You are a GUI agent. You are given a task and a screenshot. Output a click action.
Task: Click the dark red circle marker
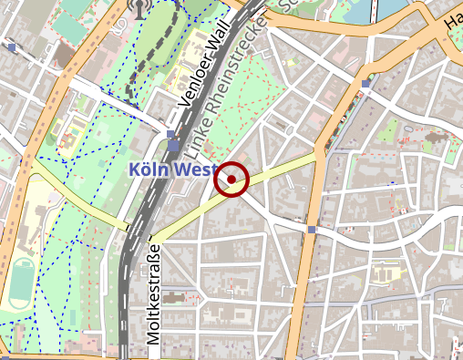click(231, 180)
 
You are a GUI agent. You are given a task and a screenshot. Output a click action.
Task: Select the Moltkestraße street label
click(153, 293)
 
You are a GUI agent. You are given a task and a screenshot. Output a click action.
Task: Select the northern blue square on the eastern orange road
click(365, 84)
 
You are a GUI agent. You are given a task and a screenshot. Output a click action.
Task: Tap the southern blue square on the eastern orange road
click(312, 229)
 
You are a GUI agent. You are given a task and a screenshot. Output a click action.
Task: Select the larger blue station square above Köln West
click(173, 145)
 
